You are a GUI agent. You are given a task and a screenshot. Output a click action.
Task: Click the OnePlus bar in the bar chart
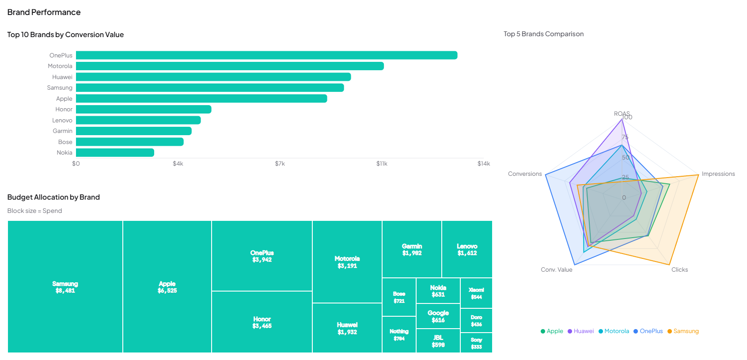[x=266, y=55]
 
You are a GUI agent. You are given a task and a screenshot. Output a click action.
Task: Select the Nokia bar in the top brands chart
[x=115, y=152]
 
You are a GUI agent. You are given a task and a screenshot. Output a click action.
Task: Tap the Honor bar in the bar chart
[x=144, y=109]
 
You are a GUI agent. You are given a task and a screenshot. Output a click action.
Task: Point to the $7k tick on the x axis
[x=280, y=163]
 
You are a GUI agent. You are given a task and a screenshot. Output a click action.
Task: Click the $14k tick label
[x=483, y=163]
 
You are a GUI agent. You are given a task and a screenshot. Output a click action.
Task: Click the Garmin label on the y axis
[x=62, y=131]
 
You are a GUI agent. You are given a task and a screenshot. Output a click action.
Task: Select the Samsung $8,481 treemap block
[x=65, y=287]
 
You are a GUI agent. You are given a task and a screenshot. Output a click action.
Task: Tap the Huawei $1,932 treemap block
[x=347, y=328]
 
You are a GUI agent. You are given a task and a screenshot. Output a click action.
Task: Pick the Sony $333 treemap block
[x=476, y=343]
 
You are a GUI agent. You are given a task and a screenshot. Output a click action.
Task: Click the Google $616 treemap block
[x=438, y=316]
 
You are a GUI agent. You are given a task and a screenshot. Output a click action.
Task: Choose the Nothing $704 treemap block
[x=399, y=335]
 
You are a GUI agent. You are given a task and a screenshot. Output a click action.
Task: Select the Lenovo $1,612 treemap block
[x=467, y=250]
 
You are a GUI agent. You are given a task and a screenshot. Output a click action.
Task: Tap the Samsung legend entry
[x=683, y=331]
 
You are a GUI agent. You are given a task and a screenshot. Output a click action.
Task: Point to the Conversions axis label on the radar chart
[x=524, y=174]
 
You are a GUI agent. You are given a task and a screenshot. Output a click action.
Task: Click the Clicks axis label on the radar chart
[x=679, y=269]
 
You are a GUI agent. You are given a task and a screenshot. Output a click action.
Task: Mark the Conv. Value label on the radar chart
[x=556, y=269]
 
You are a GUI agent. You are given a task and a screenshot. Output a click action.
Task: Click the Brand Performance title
[x=44, y=12]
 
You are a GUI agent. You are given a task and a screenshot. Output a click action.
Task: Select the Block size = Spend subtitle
[x=34, y=211]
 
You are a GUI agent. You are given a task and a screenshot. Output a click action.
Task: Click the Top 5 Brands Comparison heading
[x=543, y=34]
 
